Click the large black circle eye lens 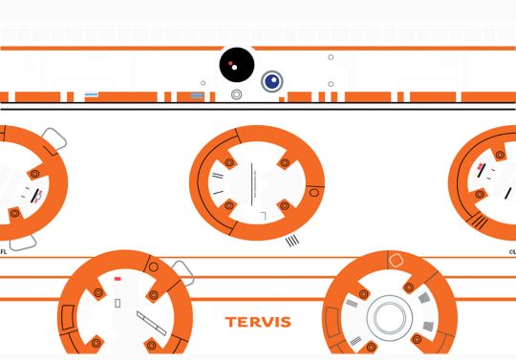click(236, 65)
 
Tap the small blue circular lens click(272, 81)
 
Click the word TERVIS click(258, 322)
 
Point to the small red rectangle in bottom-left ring click(118, 280)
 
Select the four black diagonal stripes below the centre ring click(292, 241)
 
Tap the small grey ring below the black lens click(236, 95)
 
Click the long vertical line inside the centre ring click(251, 180)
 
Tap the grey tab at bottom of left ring click(23, 240)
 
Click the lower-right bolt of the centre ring click(283, 204)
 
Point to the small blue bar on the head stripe click(93, 95)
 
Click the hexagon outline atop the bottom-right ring click(397, 259)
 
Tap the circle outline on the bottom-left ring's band click(153, 266)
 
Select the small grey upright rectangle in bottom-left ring click(118, 303)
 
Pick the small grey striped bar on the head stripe click(197, 95)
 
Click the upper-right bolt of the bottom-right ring click(409, 286)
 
